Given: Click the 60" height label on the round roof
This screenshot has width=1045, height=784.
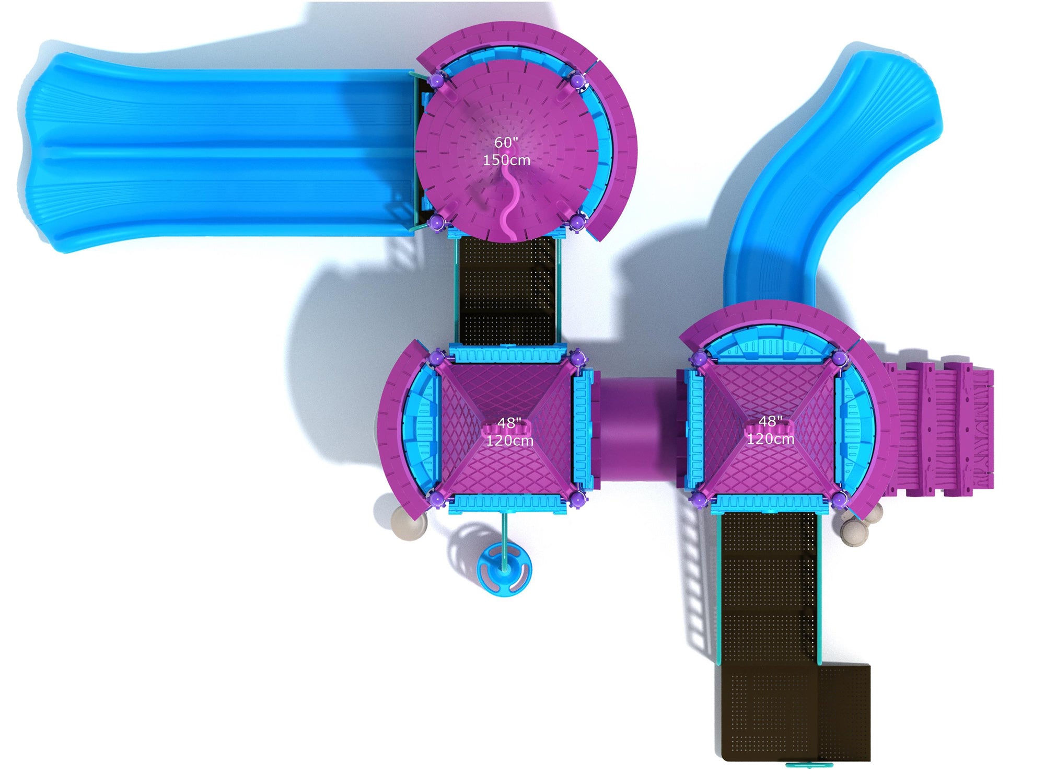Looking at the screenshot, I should [x=506, y=142].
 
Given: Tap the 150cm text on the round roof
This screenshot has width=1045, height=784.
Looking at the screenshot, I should [x=506, y=160].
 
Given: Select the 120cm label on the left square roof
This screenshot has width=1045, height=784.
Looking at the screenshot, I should [x=509, y=441].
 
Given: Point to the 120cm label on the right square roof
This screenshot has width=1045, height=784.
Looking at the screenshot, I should [x=770, y=439].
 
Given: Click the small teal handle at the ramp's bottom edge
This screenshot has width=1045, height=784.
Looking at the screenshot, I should [x=809, y=765].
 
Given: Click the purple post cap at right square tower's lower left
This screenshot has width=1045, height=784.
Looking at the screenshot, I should [x=698, y=501].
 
